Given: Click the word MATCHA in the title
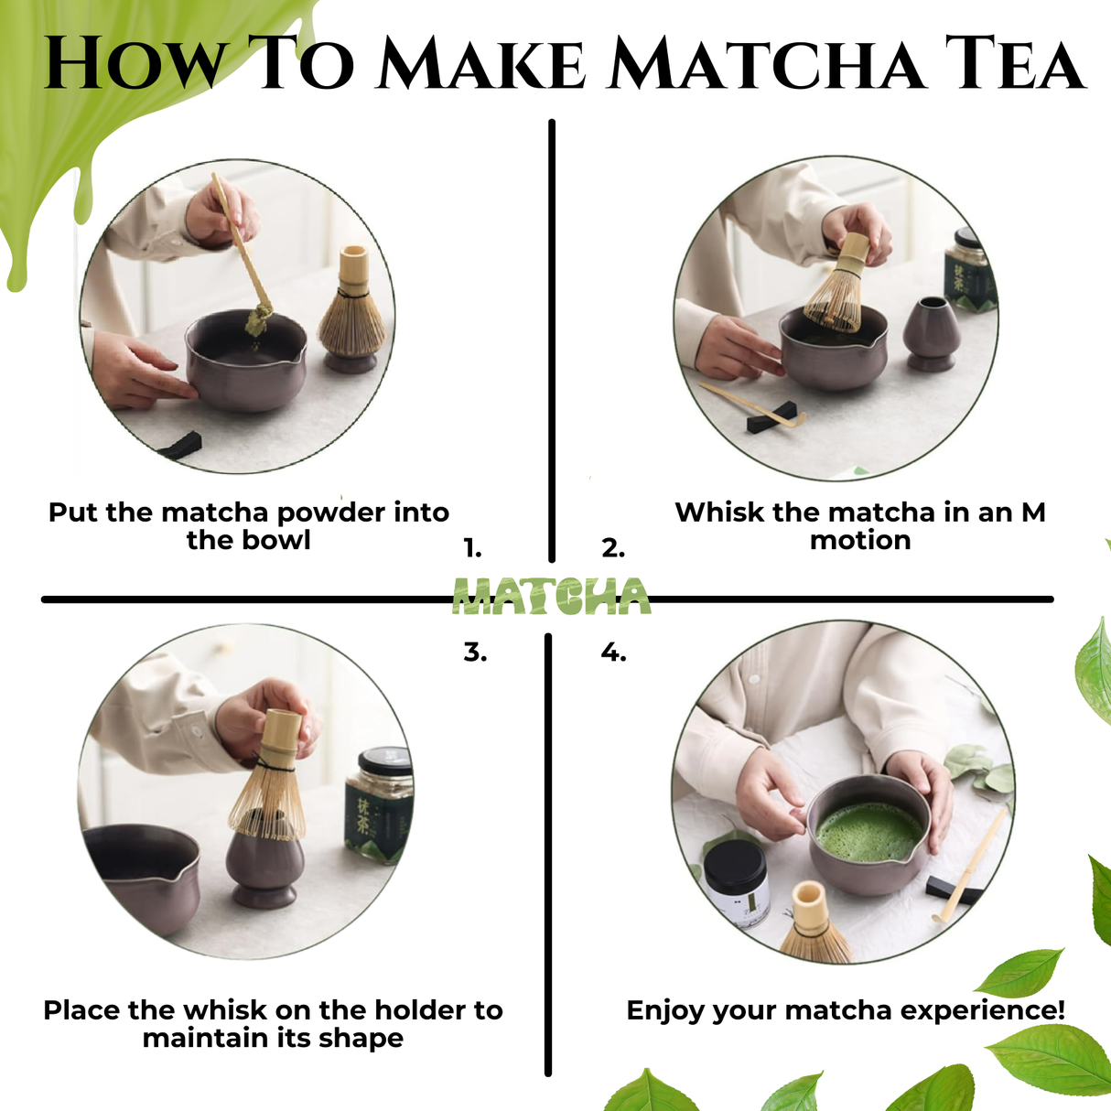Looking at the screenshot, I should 767,64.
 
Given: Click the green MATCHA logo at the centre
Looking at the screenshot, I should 552,597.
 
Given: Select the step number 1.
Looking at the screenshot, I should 472,549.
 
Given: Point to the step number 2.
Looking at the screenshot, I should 613,549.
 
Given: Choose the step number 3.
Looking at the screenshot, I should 475,653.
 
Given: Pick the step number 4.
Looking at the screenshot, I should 613,653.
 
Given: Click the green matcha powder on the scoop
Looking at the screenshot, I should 259,319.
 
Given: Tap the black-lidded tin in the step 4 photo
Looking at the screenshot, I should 737,883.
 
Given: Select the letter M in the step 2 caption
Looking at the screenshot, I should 1032,512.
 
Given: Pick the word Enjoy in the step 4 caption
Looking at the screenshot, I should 665,1011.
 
